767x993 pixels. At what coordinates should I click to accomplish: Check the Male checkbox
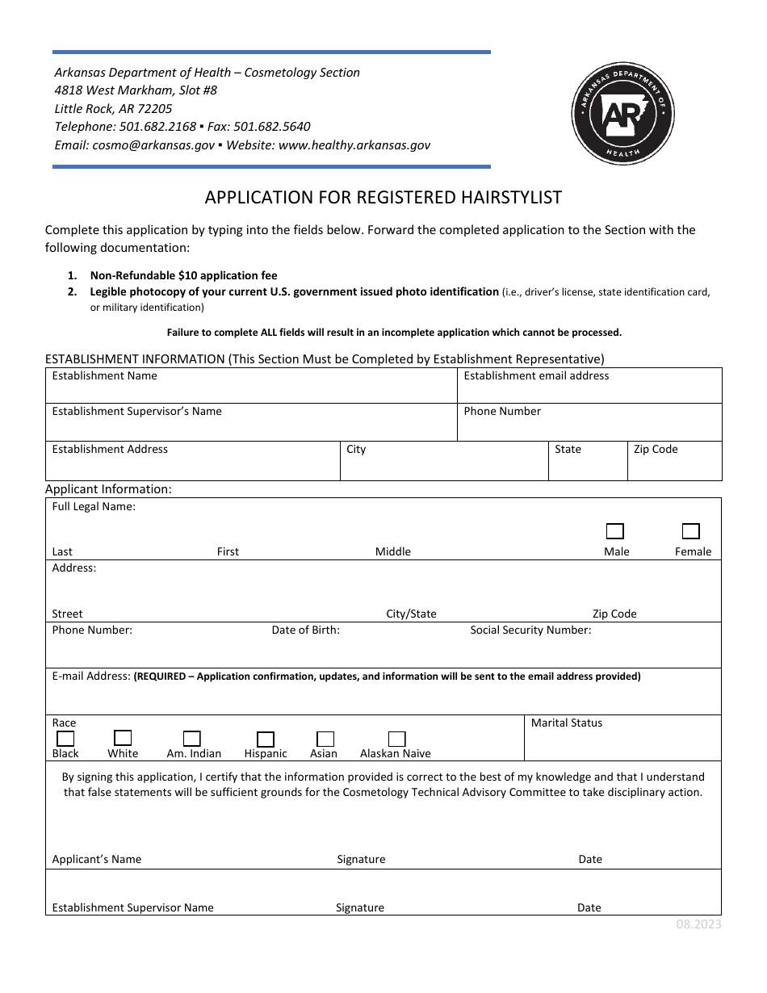615,531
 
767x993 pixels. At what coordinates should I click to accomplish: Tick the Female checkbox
690,531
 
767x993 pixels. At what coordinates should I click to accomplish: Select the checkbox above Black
65,738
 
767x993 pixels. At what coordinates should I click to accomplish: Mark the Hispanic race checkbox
265,739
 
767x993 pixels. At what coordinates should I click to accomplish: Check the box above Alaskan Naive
396,739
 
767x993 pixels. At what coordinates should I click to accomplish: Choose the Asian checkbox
325,739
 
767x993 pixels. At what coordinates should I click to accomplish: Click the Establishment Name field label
105,375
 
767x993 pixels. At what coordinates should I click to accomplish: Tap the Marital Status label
567,723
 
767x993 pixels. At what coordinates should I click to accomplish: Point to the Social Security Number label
530,630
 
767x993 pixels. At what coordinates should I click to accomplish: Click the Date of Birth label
305,630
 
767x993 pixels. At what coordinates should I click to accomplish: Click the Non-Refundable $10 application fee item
183,275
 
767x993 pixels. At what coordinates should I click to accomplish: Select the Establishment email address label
536,375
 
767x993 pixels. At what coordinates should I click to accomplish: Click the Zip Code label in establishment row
656,449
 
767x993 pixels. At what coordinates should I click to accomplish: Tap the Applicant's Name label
97,859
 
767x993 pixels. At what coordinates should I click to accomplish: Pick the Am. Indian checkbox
192,739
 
